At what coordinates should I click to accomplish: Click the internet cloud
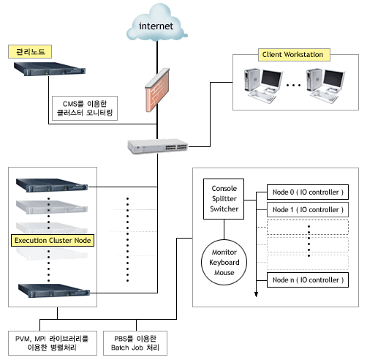[x=156, y=23]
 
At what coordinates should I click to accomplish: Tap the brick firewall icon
[x=157, y=90]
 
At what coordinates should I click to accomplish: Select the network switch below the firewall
[x=158, y=146]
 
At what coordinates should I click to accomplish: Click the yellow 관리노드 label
[x=30, y=51]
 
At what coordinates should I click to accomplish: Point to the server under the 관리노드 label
[x=50, y=69]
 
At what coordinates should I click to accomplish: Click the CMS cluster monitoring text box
[x=85, y=108]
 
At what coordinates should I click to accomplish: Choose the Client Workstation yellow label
[x=294, y=55]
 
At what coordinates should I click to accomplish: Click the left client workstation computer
[x=263, y=86]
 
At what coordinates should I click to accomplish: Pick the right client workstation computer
[x=325, y=86]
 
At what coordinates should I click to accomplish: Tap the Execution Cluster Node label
[x=53, y=240]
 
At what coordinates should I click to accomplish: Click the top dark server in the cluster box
[x=52, y=185]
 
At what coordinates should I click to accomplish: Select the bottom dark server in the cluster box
[x=54, y=290]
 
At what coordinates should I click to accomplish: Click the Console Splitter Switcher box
[x=224, y=199]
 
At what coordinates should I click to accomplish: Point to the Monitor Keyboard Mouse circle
[x=224, y=262]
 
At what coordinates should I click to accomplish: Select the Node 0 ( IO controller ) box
[x=308, y=192]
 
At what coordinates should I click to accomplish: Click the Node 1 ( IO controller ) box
[x=308, y=210]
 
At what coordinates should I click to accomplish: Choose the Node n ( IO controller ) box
[x=308, y=280]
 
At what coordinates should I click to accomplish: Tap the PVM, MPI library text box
[x=53, y=343]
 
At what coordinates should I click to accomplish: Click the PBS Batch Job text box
[x=135, y=343]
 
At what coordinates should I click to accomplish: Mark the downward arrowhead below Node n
[x=256, y=294]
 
